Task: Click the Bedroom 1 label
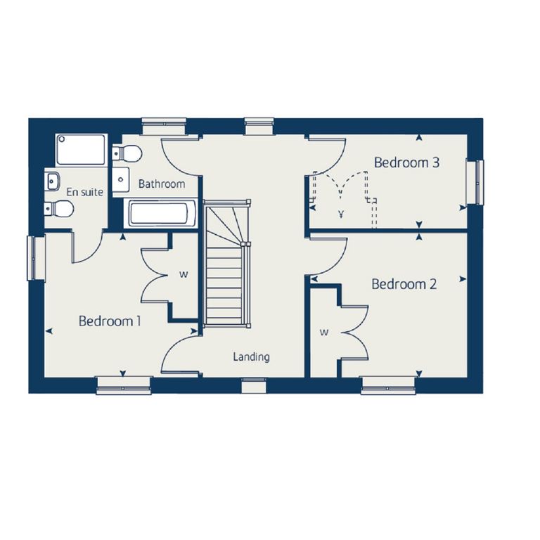pyautogui.click(x=110, y=321)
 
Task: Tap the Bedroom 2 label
pyautogui.click(x=404, y=284)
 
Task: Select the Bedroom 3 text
pyautogui.click(x=406, y=162)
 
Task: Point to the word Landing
pyautogui.click(x=252, y=357)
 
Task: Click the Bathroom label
pyautogui.click(x=162, y=184)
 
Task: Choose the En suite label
pyautogui.click(x=84, y=192)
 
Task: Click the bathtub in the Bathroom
pyautogui.click(x=160, y=213)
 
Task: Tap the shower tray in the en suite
pyautogui.click(x=82, y=150)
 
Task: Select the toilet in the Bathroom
pyautogui.click(x=127, y=152)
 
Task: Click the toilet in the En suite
pyautogui.click(x=58, y=209)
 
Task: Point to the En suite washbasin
pyautogui.click(x=52, y=181)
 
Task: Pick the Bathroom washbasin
pyautogui.click(x=121, y=179)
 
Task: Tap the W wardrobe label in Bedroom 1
pyautogui.click(x=184, y=274)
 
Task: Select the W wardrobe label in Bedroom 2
pyautogui.click(x=323, y=333)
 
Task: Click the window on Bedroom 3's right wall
pyautogui.click(x=475, y=181)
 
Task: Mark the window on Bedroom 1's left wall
pyautogui.click(x=36, y=258)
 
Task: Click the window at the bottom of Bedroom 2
pyautogui.click(x=388, y=385)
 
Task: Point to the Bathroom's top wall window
pyautogui.click(x=165, y=126)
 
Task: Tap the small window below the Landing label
pyautogui.click(x=254, y=385)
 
